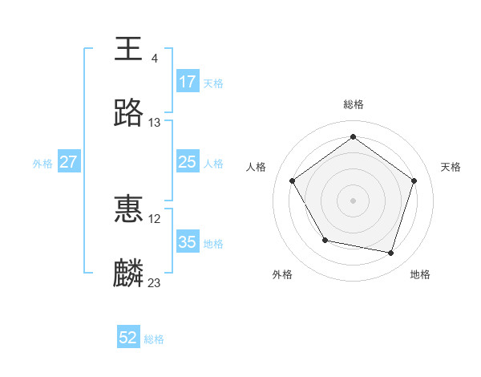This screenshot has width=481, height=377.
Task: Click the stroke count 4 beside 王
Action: [155, 59]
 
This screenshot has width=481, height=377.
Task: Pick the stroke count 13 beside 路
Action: [155, 123]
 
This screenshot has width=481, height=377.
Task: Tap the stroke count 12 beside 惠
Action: [155, 219]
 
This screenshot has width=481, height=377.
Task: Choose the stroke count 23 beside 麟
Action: [155, 283]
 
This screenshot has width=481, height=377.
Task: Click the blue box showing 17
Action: [188, 82]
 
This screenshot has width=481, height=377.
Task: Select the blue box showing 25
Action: [188, 162]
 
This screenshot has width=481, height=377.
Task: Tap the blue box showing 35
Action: [188, 242]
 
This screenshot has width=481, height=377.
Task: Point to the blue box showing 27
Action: [68, 162]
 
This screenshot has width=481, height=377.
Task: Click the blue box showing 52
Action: [128, 338]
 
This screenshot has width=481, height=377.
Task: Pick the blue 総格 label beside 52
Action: [154, 339]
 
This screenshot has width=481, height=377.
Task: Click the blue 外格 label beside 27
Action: [42, 163]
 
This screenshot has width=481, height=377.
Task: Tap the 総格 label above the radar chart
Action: [354, 104]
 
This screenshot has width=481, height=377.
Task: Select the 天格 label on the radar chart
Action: [451, 167]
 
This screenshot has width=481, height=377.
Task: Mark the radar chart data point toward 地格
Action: [390, 253]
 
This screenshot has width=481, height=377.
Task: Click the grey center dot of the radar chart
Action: [354, 200]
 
